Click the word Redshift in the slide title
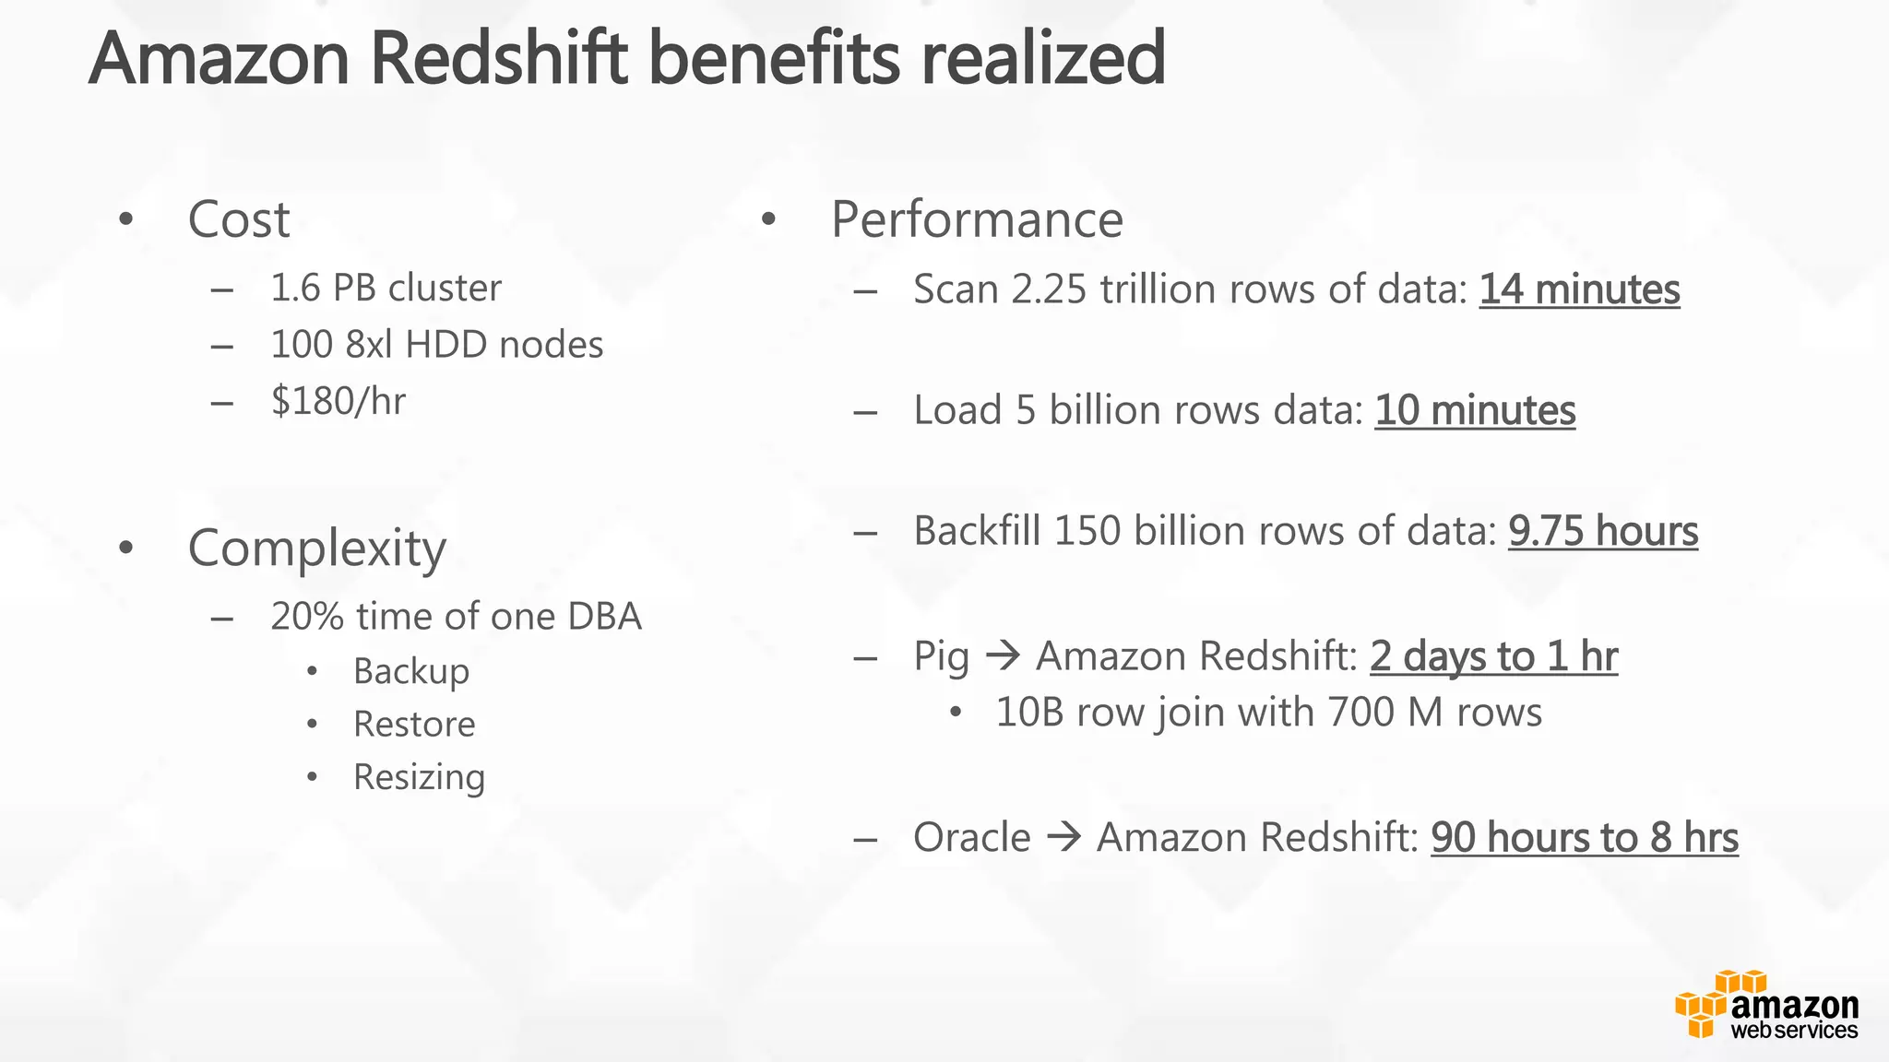point(498,58)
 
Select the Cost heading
point(238,220)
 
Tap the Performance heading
point(977,220)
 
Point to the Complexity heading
point(316,549)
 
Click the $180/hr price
point(338,401)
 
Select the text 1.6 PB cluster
point(386,289)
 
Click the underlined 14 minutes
point(1579,289)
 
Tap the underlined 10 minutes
point(1475,410)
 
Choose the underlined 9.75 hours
point(1603,531)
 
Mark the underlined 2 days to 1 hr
point(1493,656)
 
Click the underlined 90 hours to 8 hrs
point(1585,838)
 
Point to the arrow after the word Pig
point(1003,656)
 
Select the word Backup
point(411,671)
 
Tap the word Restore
point(414,725)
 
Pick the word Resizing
point(419,777)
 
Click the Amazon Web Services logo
point(1765,1006)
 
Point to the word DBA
point(604,617)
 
